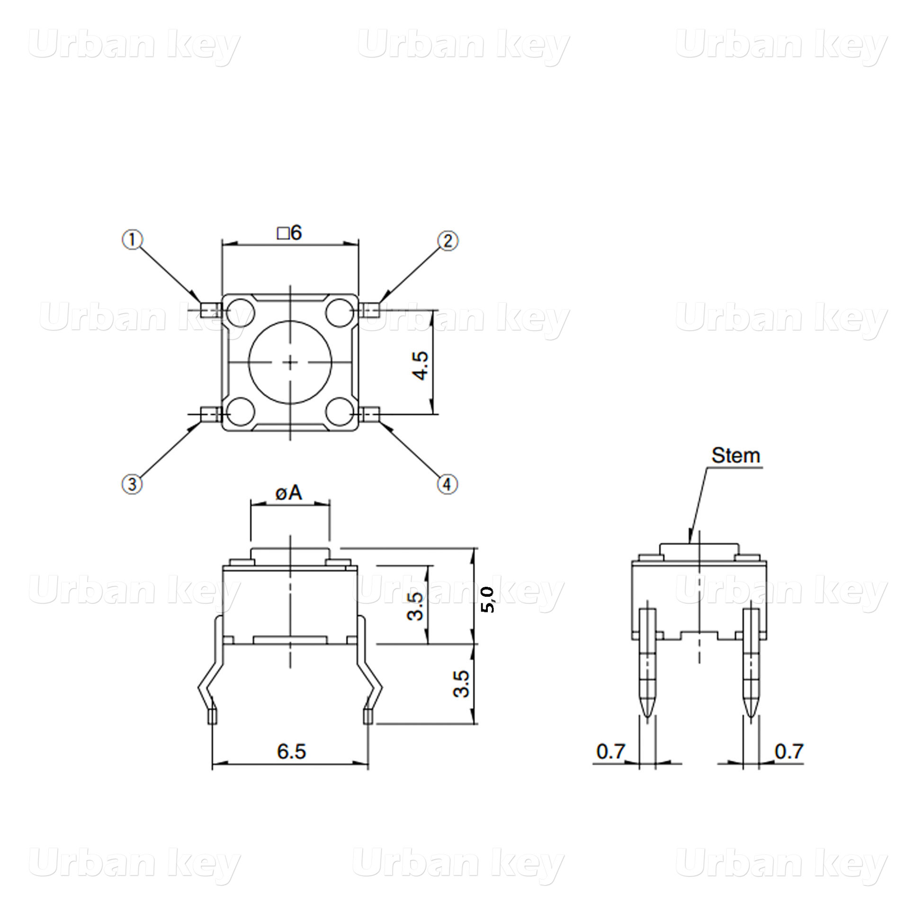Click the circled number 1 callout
[x=133, y=240]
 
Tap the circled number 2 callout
[x=448, y=241]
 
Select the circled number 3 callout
[x=132, y=484]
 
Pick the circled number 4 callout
[x=448, y=484]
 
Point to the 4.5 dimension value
[x=420, y=366]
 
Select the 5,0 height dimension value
[x=488, y=600]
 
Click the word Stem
[x=736, y=456]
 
